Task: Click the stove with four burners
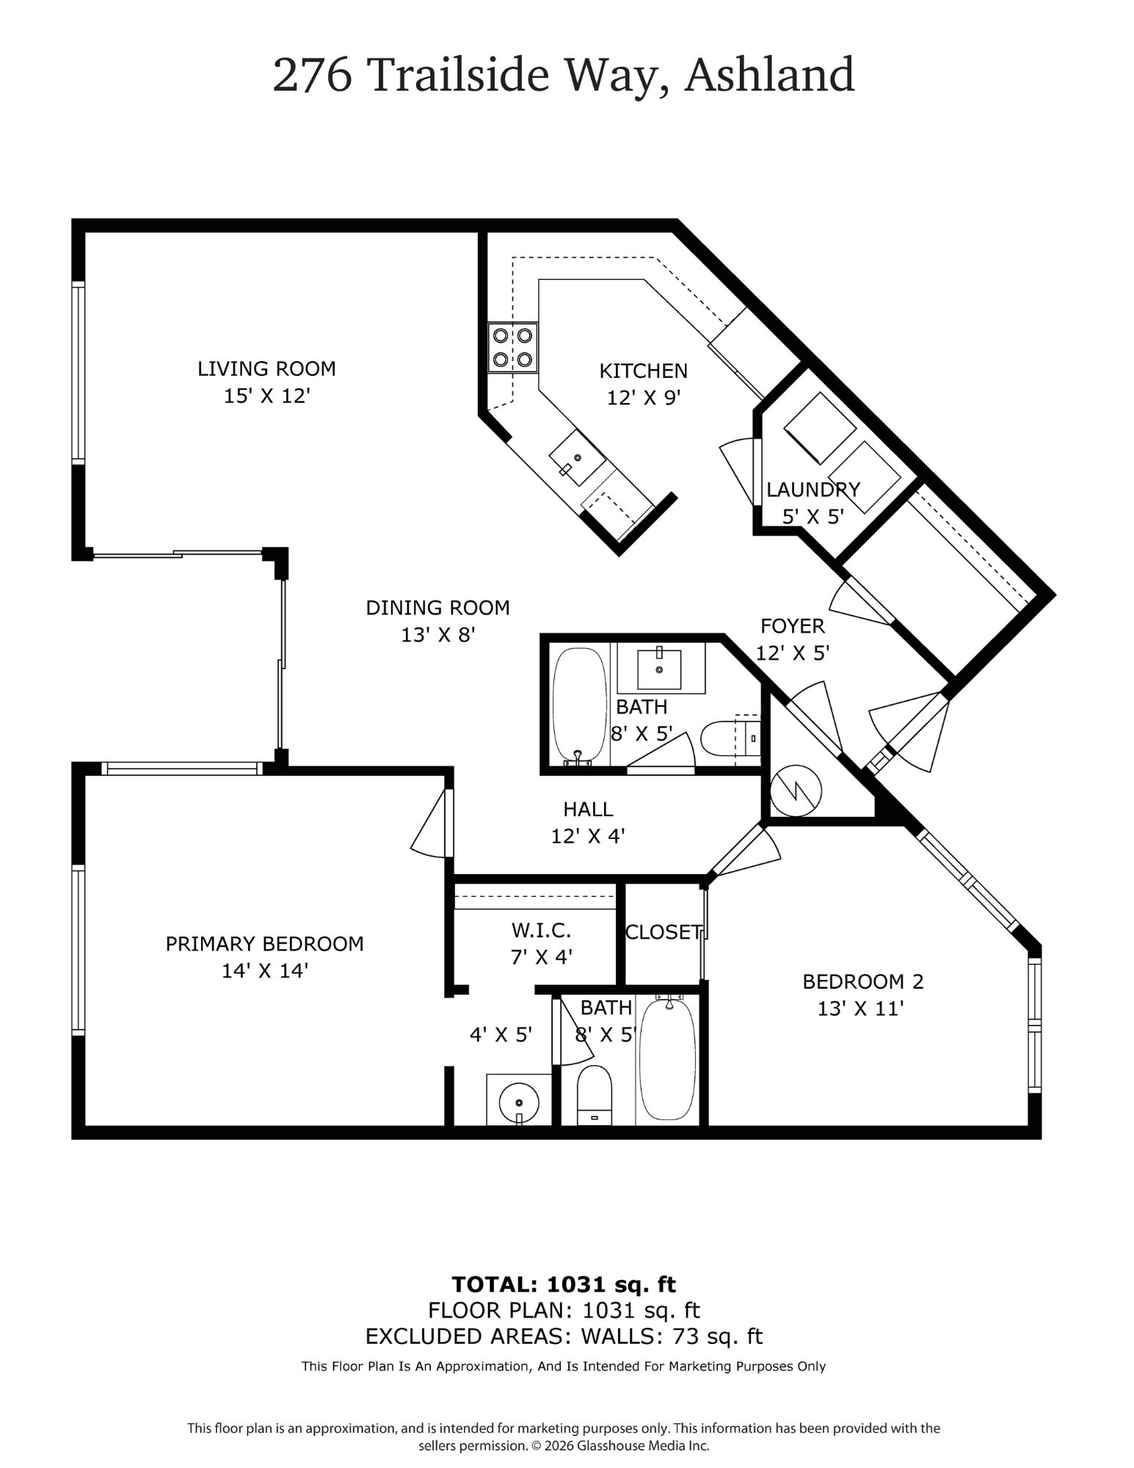tap(512, 347)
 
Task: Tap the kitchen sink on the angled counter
tap(578, 458)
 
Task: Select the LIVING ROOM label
tap(266, 368)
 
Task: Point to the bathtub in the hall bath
tap(579, 705)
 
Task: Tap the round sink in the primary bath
tap(519, 1102)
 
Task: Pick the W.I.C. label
tap(541, 931)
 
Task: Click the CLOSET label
tap(664, 932)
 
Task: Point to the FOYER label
tap(792, 626)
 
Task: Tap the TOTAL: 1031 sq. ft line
tap(563, 1284)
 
